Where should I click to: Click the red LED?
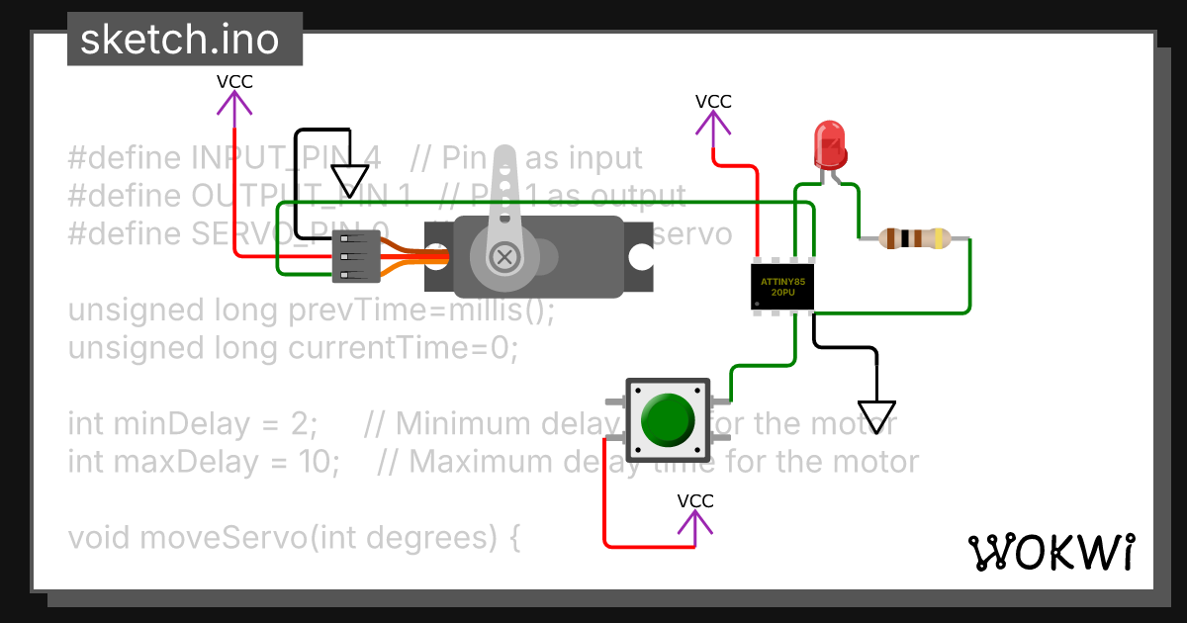coord(828,145)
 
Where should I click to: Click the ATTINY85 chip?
coord(781,288)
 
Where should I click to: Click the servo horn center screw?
coord(505,258)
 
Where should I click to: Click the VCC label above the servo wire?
coord(234,82)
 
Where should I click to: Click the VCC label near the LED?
coord(713,102)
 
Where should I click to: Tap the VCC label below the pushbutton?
coord(695,501)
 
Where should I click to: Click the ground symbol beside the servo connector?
coord(348,180)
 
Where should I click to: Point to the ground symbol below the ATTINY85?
coord(876,415)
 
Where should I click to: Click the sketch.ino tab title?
coord(179,41)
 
